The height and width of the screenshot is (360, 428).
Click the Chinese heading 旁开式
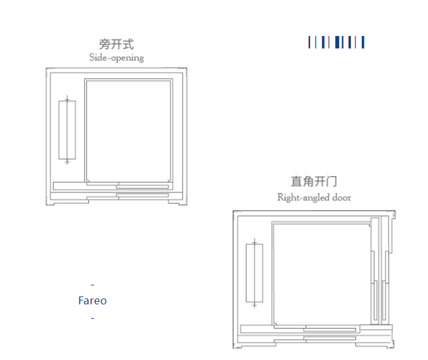pyautogui.click(x=116, y=45)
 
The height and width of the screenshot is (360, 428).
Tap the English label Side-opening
pyautogui.click(x=116, y=58)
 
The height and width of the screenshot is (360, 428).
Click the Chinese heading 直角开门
pyautogui.click(x=314, y=181)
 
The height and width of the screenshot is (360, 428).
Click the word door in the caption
pyautogui.click(x=342, y=197)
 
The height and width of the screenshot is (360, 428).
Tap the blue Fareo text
pyautogui.click(x=92, y=301)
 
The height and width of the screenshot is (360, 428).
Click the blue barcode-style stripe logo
pyautogui.click(x=336, y=43)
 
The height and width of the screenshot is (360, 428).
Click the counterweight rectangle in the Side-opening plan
pyautogui.click(x=67, y=130)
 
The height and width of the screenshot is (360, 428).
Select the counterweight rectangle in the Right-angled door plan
pyautogui.click(x=255, y=273)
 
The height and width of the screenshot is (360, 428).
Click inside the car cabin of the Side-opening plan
pyautogui.click(x=128, y=130)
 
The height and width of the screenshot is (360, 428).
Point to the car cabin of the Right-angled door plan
pyautogui.click(x=321, y=274)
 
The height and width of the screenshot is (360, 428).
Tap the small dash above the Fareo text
pyautogui.click(x=92, y=285)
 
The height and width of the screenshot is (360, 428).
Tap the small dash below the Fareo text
pyautogui.click(x=92, y=318)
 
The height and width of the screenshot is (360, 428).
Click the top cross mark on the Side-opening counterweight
pyautogui.click(x=67, y=99)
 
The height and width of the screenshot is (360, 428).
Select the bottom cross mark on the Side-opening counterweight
pyautogui.click(x=67, y=162)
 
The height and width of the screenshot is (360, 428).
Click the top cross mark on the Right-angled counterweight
pyautogui.click(x=255, y=242)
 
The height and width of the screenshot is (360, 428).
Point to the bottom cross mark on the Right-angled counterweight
pyautogui.click(x=255, y=304)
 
